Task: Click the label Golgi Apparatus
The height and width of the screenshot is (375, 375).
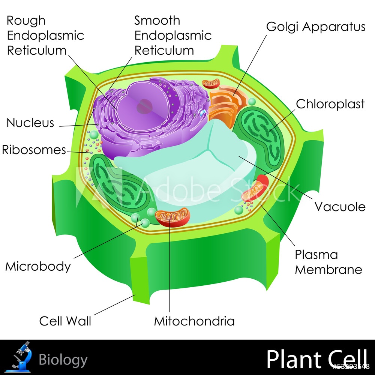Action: coord(315,27)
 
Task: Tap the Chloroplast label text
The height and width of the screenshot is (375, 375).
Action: coord(330,104)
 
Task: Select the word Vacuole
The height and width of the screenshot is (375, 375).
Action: coord(340,206)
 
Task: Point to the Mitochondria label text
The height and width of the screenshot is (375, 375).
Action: coord(194,321)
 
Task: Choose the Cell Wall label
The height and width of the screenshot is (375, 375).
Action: coord(65,321)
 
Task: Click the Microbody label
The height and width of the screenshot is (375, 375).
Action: coord(38,266)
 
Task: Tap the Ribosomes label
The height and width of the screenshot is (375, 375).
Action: coord(34,150)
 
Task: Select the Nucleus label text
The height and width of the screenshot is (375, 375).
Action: coord(30,123)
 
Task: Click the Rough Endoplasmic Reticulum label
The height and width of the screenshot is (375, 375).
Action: coord(45,35)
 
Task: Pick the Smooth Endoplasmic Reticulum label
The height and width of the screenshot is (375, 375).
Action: coord(173,35)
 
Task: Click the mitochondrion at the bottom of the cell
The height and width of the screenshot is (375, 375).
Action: coord(173,217)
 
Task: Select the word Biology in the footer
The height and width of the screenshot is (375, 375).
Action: coord(63,360)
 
